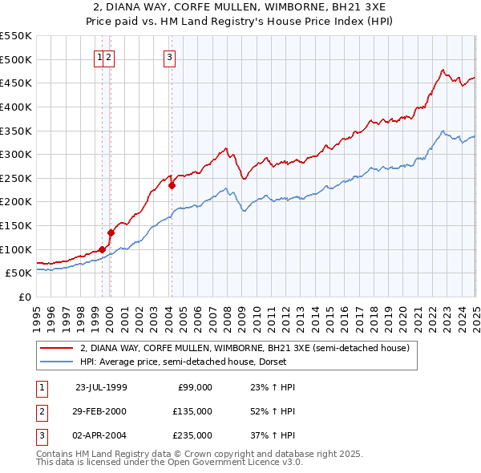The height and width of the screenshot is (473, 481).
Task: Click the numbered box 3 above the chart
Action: pos(171,57)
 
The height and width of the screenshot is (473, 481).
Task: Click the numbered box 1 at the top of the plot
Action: pos(99,57)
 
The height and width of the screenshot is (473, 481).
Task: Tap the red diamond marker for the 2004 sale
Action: pos(172,185)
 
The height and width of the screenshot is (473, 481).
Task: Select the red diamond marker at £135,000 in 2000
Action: pos(111,232)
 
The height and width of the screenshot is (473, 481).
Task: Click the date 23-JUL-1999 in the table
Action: pos(101,387)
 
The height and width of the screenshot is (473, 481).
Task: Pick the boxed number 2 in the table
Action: pos(41,411)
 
